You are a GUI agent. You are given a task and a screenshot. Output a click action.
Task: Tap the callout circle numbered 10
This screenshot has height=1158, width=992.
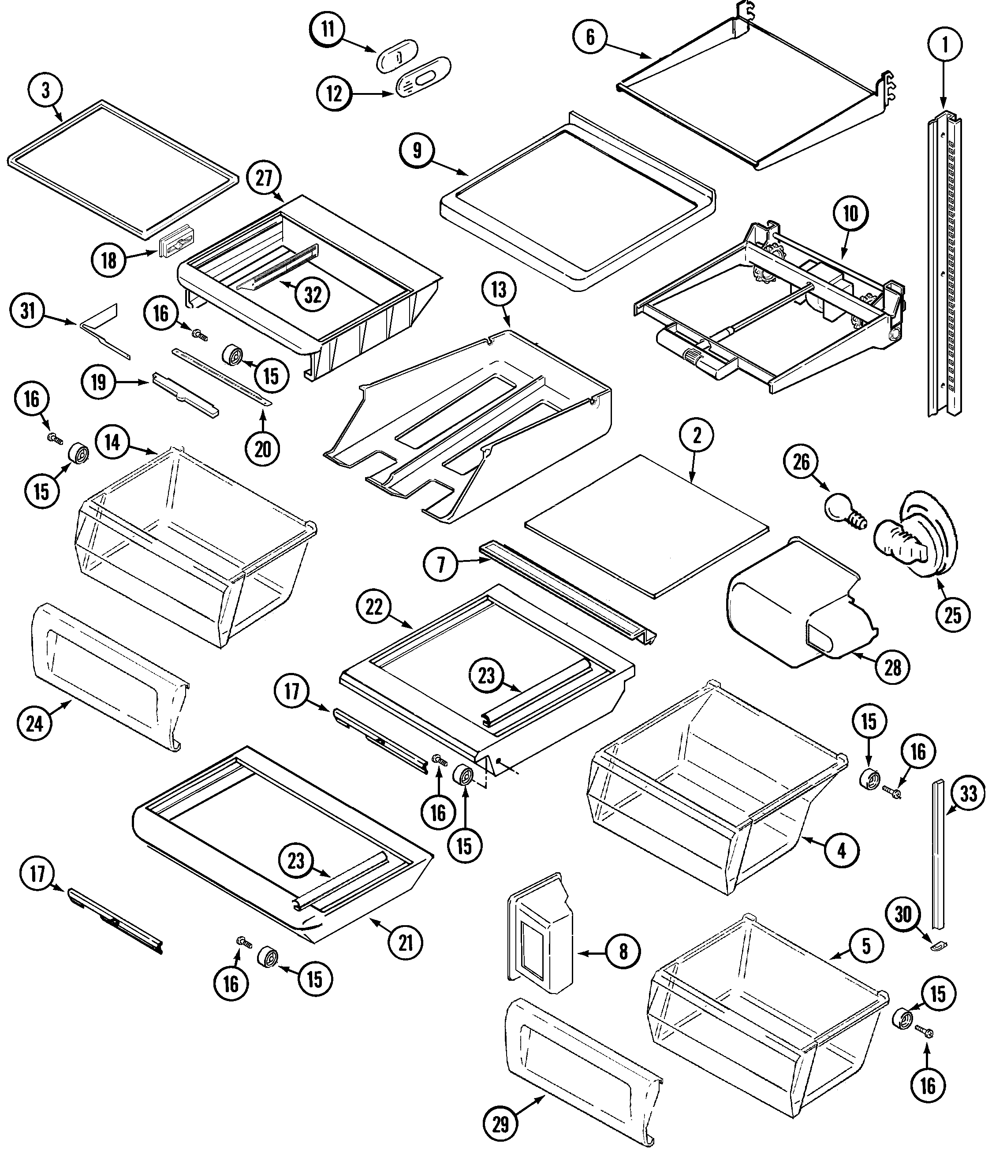tap(850, 213)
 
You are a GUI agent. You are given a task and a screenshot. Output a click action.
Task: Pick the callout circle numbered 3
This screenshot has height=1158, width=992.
tap(45, 90)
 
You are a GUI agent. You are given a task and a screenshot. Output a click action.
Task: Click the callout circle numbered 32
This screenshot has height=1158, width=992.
tap(313, 295)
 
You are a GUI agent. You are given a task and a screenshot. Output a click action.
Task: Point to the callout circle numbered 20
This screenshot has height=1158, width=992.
tap(263, 449)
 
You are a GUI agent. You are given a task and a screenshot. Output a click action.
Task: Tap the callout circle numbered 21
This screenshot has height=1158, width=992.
tap(405, 942)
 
